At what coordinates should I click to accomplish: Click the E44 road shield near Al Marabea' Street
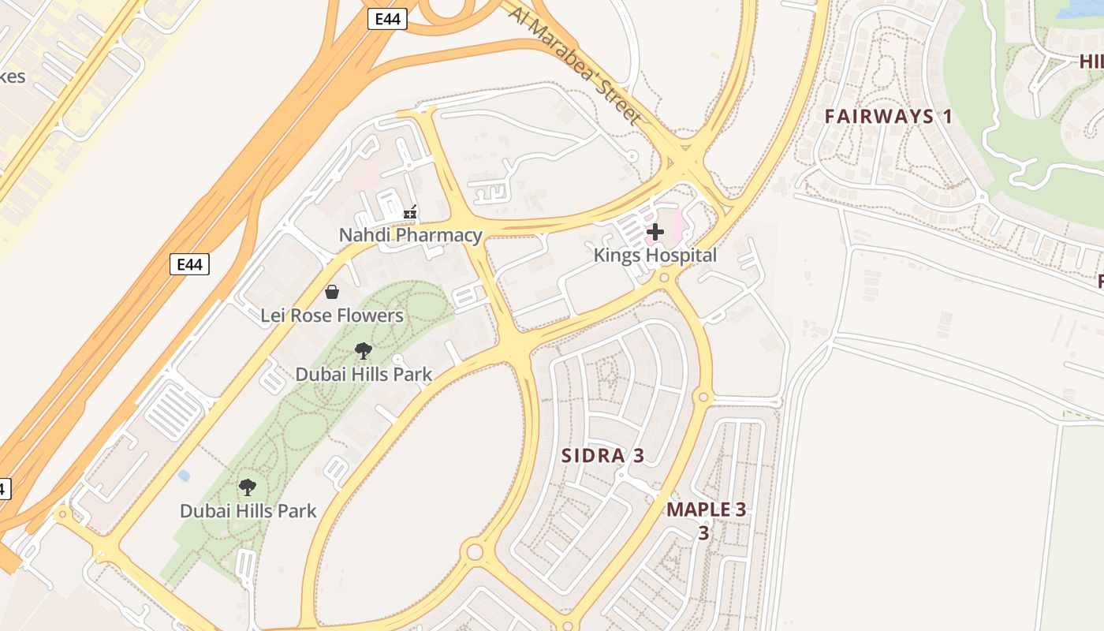pos(387,19)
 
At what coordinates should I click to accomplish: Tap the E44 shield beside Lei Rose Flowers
pos(189,264)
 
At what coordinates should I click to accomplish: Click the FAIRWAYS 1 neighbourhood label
pos(889,117)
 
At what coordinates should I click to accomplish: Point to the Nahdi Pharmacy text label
pos(410,235)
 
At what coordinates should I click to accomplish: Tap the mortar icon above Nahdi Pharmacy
pos(410,211)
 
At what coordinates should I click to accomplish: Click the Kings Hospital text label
pos(655,256)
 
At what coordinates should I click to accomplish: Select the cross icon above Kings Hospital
pos(655,232)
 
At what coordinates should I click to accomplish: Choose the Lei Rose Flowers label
pos(332,315)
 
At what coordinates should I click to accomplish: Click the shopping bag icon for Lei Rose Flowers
pos(332,293)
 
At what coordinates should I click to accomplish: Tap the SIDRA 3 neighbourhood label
pos(602,455)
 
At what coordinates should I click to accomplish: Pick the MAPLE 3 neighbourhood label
pos(706,509)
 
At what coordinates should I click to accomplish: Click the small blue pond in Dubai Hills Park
pos(185,476)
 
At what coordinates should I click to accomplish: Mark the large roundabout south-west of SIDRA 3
pos(474,551)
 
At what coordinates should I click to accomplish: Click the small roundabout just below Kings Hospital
pos(664,278)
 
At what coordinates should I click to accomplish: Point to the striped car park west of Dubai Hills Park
pos(173,410)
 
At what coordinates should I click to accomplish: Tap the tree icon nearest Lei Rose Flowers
pos(364,351)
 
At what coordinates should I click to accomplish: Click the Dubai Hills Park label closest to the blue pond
pos(248,511)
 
